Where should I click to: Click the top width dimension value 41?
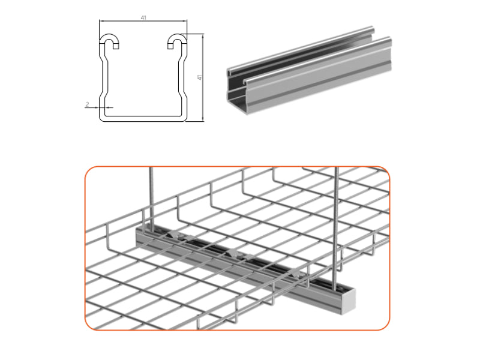click(143, 18)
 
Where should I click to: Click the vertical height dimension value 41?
click(199, 77)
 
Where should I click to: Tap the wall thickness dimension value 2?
click(88, 104)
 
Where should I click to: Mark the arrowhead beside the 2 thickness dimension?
click(96, 109)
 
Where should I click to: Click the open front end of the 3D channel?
click(236, 90)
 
